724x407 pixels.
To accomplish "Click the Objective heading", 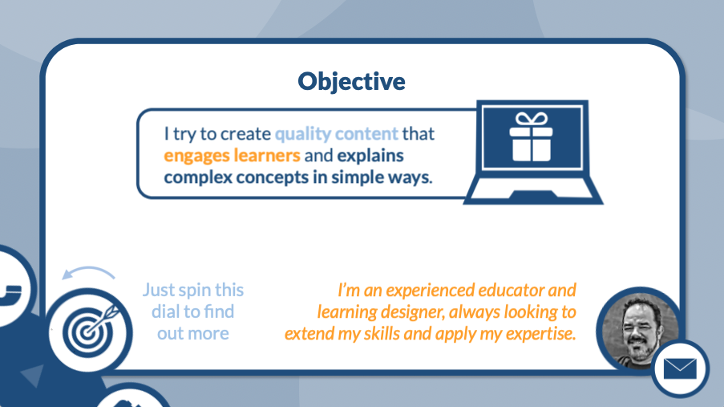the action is [x=351, y=82].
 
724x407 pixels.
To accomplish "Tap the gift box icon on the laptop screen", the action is [x=531, y=136].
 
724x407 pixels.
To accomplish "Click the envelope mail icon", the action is [x=680, y=369].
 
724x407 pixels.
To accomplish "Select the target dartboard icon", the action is [x=90, y=330].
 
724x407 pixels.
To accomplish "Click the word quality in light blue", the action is [x=303, y=134].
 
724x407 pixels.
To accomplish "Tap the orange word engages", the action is [x=196, y=157].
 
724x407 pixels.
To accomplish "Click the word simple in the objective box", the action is [x=357, y=177].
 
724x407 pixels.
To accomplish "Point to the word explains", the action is [x=370, y=157].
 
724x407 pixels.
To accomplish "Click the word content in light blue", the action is [x=366, y=134].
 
